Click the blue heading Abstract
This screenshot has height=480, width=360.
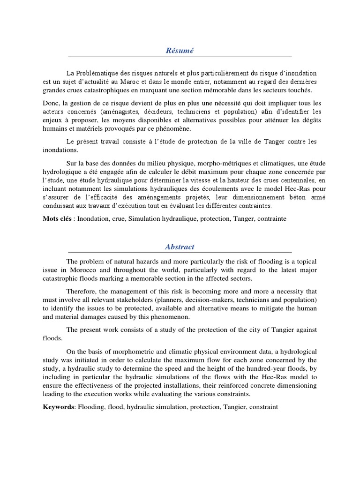tap(180, 247)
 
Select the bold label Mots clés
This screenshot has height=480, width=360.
tap(58, 218)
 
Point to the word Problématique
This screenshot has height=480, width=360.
tap(97, 74)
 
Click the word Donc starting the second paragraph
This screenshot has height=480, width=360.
tap(51, 103)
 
